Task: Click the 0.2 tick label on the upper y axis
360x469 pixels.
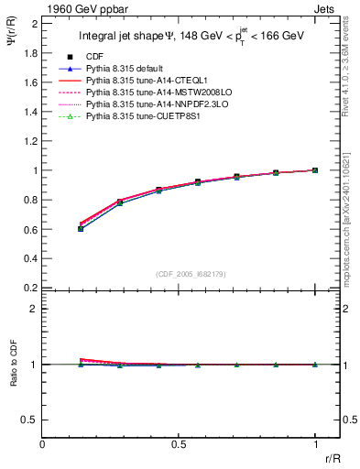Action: [x=32, y=288]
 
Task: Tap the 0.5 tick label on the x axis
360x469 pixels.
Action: [x=179, y=443]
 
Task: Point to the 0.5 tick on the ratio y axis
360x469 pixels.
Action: [x=32, y=420]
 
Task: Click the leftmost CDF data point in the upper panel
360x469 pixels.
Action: [x=81, y=228]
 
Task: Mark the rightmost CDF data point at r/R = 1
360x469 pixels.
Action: [x=315, y=170]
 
